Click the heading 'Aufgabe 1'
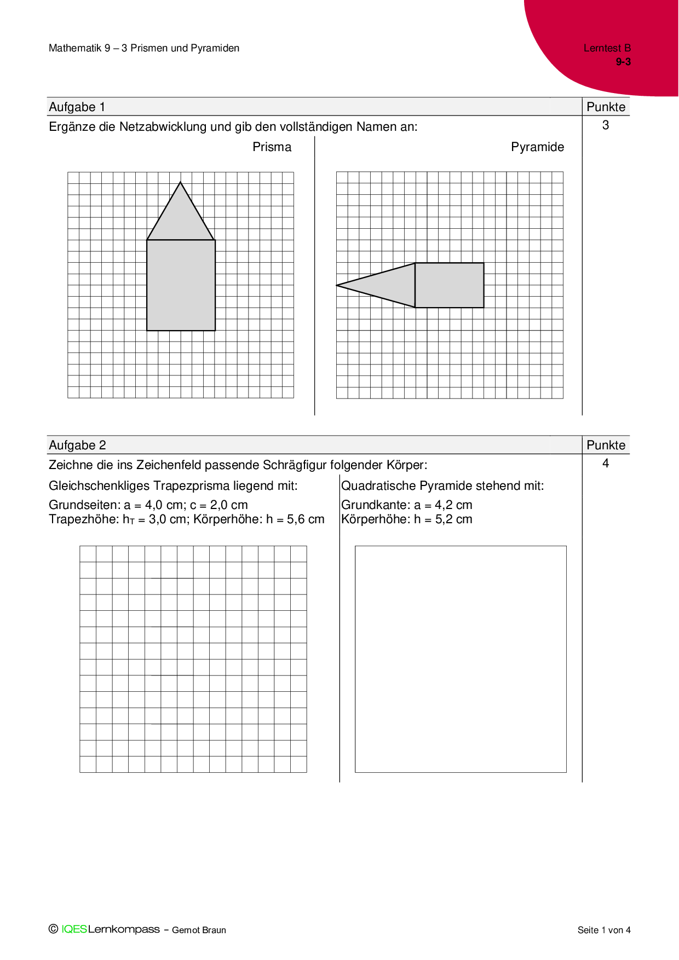77,107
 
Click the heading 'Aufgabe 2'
77,446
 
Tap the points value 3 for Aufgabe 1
606,125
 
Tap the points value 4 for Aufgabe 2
606,464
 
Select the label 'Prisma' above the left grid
272,147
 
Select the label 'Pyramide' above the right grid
537,147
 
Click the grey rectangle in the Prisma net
181,285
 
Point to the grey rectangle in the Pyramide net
450,285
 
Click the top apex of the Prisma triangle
181,183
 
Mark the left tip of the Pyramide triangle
338,285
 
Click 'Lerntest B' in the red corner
607,48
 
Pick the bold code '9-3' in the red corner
623,62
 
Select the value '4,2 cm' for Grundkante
453,505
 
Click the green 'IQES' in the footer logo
74,929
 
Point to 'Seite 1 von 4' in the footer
604,930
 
